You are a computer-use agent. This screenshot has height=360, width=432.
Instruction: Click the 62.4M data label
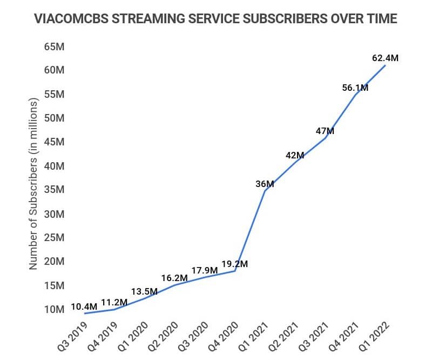pos(385,57)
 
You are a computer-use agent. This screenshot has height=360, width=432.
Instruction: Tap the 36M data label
pos(265,184)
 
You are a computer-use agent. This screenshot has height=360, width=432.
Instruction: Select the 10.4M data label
pos(84,306)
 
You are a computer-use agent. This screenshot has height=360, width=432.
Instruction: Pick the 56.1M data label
pos(355,88)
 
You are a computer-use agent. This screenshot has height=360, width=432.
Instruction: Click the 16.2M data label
pos(174,278)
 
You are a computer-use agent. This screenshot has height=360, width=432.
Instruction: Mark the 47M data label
pos(325,131)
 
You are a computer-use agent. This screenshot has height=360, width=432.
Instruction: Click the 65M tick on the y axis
pos(54,46)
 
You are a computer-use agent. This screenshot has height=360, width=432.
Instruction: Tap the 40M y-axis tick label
pos(54,166)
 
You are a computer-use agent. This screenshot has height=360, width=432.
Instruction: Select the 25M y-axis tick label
pos(54,238)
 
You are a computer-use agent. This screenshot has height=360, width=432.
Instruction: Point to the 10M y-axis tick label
pos(54,310)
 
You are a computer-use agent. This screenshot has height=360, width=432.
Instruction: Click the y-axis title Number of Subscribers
pos(33,184)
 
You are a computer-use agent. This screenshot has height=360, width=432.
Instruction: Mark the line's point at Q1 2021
pos(265,191)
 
